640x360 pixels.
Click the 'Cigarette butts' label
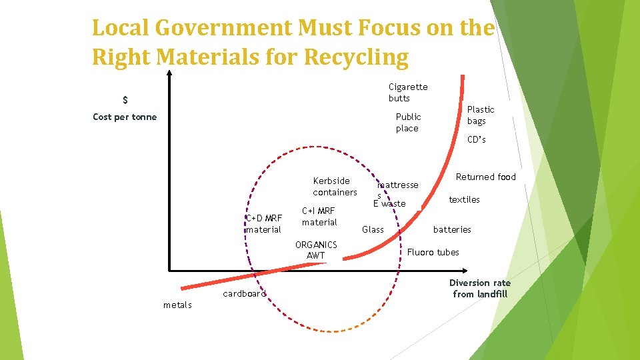click(408, 93)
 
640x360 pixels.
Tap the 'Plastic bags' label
click(480, 115)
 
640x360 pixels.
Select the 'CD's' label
click(476, 139)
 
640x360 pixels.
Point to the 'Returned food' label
click(485, 177)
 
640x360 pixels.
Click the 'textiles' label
click(464, 199)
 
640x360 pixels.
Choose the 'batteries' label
click(452, 229)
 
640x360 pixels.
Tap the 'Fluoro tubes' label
click(433, 252)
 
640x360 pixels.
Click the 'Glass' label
click(373, 229)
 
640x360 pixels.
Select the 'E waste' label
click(389, 203)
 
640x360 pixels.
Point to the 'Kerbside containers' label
click(335, 187)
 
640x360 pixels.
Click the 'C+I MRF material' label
click(319, 216)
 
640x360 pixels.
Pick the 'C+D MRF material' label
click(264, 223)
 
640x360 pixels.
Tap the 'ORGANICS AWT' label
click(316, 250)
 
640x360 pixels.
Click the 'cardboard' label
click(244, 293)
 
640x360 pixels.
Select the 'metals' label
click(177, 305)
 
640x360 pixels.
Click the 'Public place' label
click(408, 123)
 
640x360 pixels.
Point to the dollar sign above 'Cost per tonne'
click(125, 101)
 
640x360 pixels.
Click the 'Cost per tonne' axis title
click(125, 117)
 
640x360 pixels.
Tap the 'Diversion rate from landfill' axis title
click(479, 288)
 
